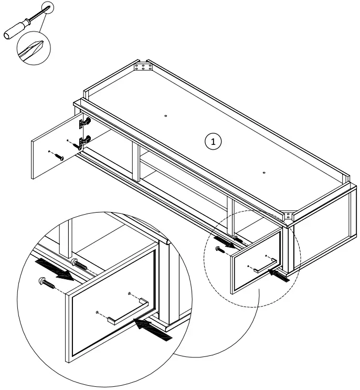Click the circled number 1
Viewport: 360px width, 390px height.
tap(213, 141)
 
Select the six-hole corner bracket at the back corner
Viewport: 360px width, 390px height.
tap(142, 67)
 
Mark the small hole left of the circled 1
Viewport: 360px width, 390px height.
tap(165, 115)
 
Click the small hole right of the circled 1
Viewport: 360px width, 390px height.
tap(263, 172)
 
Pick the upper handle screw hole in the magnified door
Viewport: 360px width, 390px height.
tap(129, 293)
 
